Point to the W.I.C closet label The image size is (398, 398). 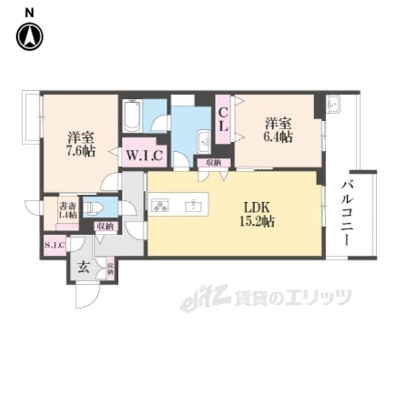coord(144,156)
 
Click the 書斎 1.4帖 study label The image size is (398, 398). coord(67,210)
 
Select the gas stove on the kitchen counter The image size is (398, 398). coord(161,205)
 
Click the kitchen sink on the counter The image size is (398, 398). coord(193,204)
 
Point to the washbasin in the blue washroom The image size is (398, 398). coord(203,141)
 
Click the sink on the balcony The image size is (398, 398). coord(333,104)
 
